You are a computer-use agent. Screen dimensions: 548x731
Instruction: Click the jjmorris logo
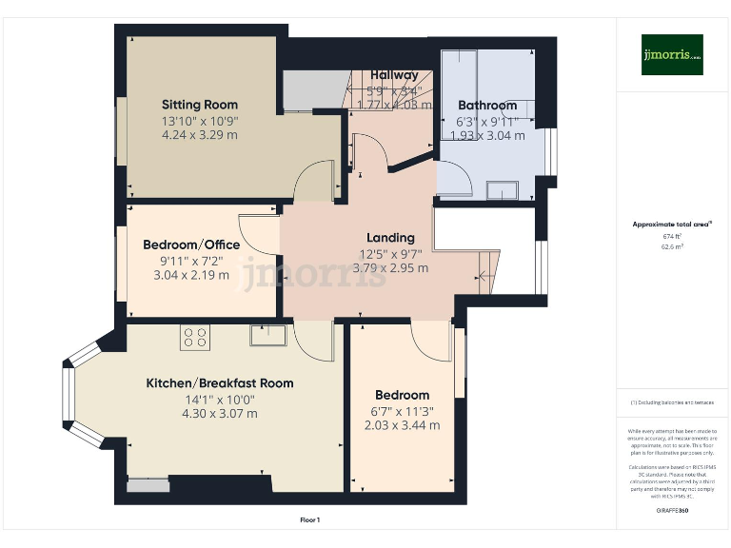pyautogui.click(x=672, y=55)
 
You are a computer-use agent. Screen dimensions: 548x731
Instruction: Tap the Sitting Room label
pyautogui.click(x=200, y=105)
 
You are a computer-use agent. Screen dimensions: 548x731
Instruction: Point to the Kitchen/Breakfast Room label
pyautogui.click(x=219, y=383)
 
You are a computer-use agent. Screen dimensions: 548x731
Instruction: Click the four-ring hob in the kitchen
pyautogui.click(x=194, y=337)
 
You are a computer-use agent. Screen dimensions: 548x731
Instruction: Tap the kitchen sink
pyautogui.click(x=268, y=335)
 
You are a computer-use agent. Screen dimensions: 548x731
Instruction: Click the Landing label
pyautogui.click(x=390, y=237)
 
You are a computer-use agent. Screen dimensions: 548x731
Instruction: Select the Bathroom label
pyautogui.click(x=487, y=106)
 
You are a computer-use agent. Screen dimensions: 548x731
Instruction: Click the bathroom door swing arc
pyautogui.click(x=455, y=179)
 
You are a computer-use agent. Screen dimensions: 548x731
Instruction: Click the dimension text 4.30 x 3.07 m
pyautogui.click(x=219, y=414)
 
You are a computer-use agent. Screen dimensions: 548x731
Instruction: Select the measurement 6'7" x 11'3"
pyautogui.click(x=402, y=410)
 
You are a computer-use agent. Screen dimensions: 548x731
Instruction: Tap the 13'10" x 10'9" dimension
pyautogui.click(x=200, y=121)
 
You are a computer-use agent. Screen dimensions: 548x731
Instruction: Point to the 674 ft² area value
pyautogui.click(x=672, y=236)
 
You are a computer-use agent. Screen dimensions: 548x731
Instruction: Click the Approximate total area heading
pyautogui.click(x=672, y=225)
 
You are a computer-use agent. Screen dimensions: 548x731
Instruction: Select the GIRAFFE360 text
pyautogui.click(x=672, y=511)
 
